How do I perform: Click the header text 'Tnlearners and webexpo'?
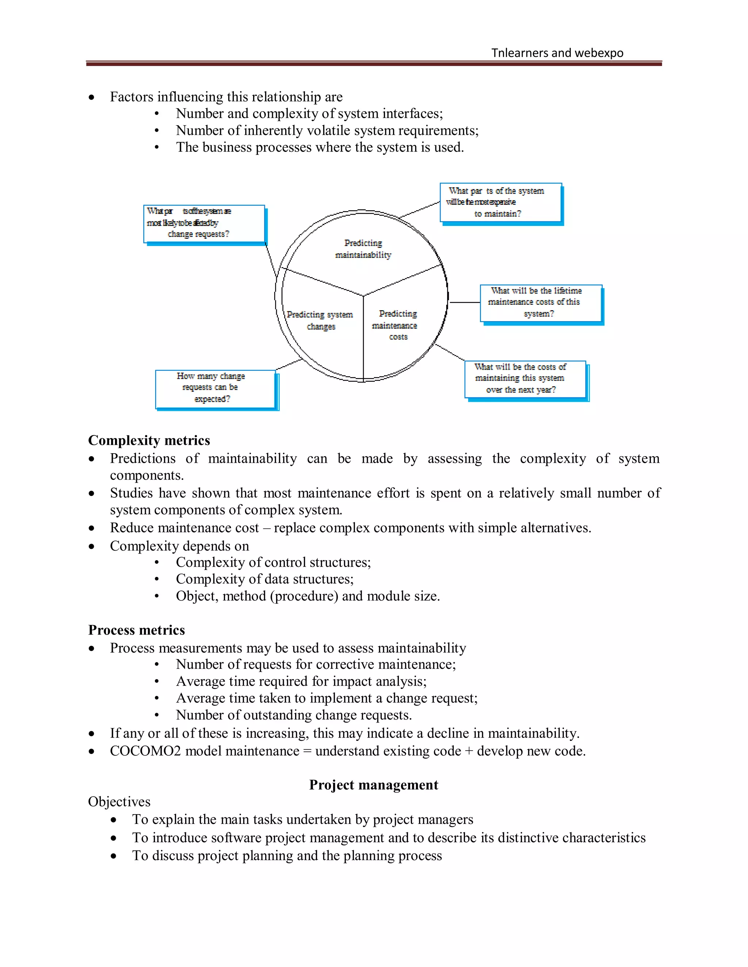click(557, 53)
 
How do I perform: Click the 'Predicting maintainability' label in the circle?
click(363, 249)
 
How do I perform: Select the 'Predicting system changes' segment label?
click(320, 320)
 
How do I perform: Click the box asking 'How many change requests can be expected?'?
click(215, 388)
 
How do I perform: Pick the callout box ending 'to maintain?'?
click(500, 203)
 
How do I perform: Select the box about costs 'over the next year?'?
click(525, 379)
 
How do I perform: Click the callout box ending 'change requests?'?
click(204, 224)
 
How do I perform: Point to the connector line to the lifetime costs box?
click(465, 303)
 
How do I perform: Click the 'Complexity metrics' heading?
click(149, 440)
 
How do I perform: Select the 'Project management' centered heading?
click(374, 785)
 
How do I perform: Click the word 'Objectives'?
click(119, 801)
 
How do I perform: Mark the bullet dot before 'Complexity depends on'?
click(91, 546)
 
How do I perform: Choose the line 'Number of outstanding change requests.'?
click(294, 715)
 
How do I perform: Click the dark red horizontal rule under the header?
click(374, 64)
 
